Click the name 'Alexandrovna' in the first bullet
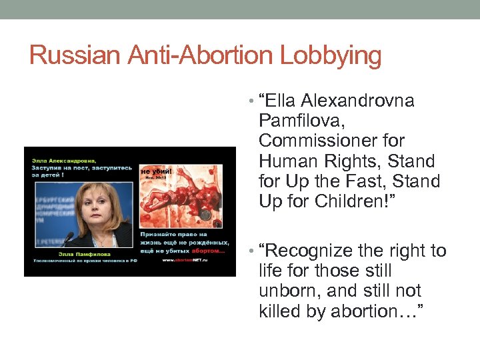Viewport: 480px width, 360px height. (x=357, y=101)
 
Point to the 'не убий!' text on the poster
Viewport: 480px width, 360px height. (x=156, y=171)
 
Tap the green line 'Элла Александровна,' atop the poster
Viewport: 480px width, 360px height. (x=63, y=160)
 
